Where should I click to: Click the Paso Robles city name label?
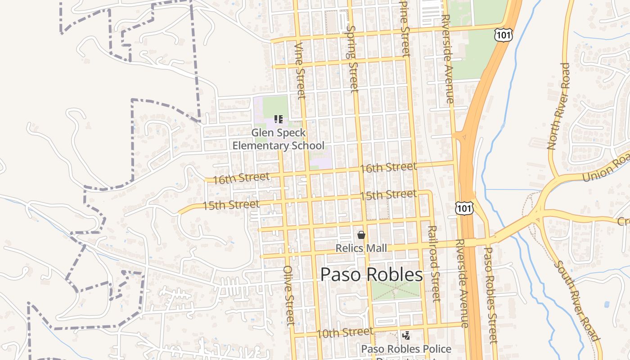pyautogui.click(x=372, y=274)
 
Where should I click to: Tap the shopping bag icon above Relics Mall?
pyautogui.click(x=361, y=235)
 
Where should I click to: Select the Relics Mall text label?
pyautogui.click(x=361, y=248)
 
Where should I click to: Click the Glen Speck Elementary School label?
pyautogui.click(x=278, y=139)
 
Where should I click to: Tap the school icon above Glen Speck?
pyautogui.click(x=279, y=119)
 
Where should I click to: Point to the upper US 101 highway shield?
pyautogui.click(x=502, y=35)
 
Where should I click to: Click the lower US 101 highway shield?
pyautogui.click(x=464, y=207)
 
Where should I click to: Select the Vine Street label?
pyautogui.click(x=300, y=71)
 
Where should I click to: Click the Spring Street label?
pyautogui.click(x=352, y=58)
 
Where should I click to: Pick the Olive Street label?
pyautogui.click(x=289, y=295)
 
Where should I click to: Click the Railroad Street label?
pyautogui.click(x=434, y=264)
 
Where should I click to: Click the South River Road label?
pyautogui.click(x=576, y=301)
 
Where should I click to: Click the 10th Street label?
pyautogui.click(x=345, y=333)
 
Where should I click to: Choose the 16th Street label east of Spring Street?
pyautogui.click(x=388, y=167)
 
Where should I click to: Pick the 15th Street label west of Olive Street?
pyautogui.click(x=231, y=205)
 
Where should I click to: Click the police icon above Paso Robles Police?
pyautogui.click(x=406, y=335)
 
